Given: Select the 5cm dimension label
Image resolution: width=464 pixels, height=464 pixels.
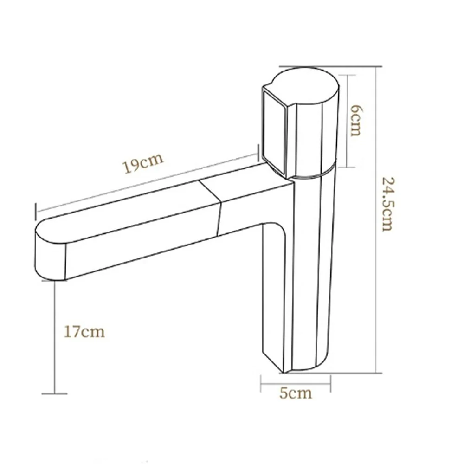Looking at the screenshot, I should click(296, 393).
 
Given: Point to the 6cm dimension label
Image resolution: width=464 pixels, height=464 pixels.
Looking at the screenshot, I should click(355, 120).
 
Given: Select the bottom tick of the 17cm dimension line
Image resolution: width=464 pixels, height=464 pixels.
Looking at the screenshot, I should click(55, 394).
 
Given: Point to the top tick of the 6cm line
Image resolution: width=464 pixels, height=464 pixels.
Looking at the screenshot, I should click(348, 75).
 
